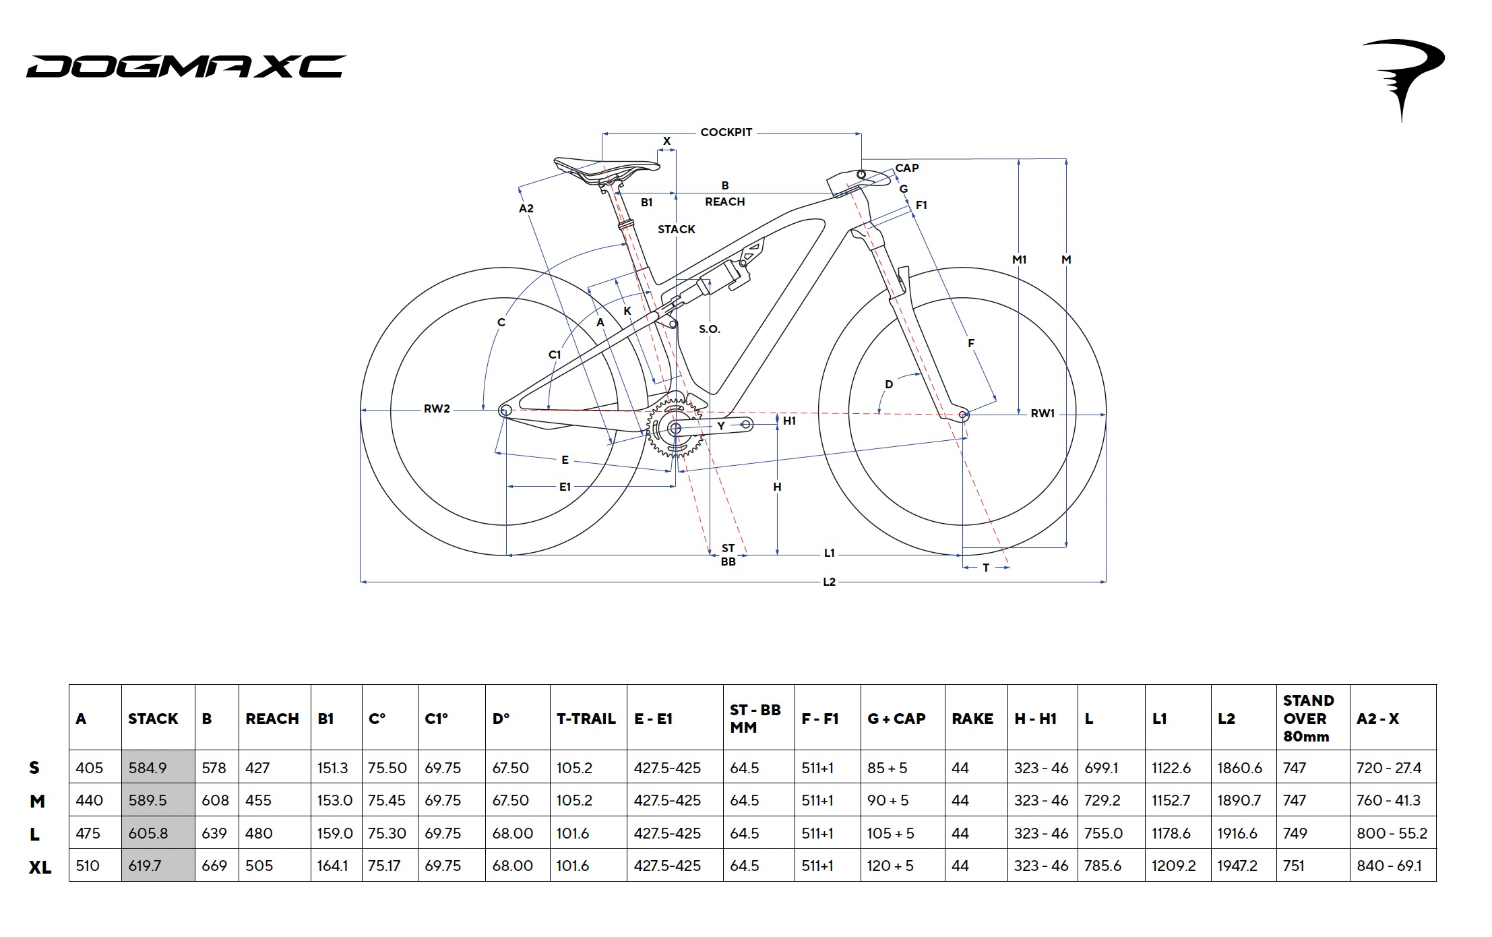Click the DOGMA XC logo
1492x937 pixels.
[186, 66]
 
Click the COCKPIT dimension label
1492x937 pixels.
[726, 132]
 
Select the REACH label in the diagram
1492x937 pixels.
[724, 202]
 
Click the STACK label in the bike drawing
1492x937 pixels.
[676, 229]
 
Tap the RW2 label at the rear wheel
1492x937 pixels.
[436, 409]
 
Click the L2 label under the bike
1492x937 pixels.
[829, 582]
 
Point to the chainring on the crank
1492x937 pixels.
[675, 428]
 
